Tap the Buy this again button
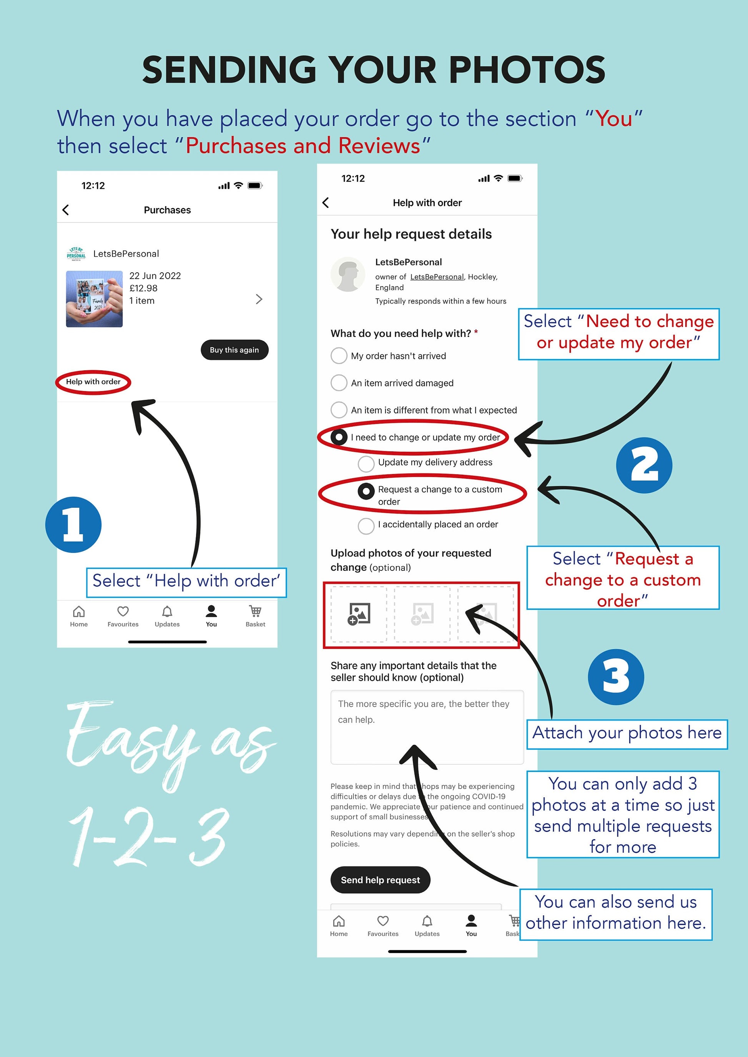234,350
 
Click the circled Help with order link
93,382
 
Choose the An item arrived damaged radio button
339,383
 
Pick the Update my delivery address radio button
366,464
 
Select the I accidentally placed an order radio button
366,526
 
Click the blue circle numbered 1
73,525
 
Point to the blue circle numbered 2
644,466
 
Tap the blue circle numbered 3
616,677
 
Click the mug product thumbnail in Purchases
95,299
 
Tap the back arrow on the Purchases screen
66,210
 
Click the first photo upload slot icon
359,614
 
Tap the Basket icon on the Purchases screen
255,611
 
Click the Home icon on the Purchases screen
79,611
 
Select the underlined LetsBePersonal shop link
437,277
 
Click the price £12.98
143,288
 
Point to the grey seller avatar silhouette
348,274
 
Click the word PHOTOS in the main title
527,70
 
